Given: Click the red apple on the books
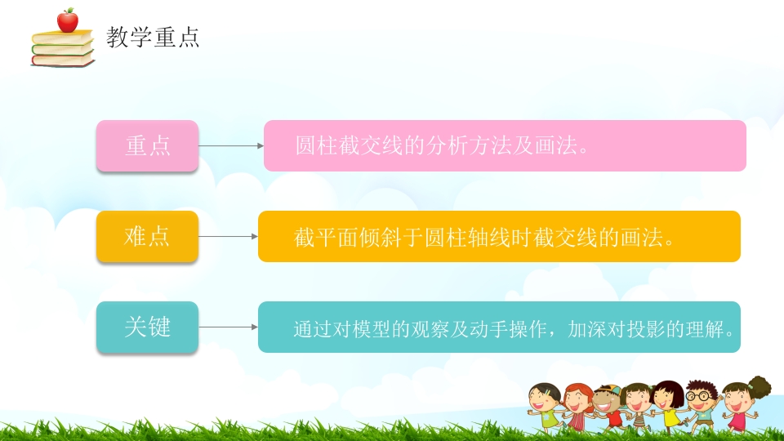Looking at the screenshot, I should pos(67,20).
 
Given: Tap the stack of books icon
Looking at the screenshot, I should pos(63,49).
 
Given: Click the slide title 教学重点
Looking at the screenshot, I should pos(153,37).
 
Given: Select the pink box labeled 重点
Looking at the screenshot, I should pos(147,146).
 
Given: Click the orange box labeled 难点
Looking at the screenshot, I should pos(147,237).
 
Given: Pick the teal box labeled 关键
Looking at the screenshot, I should pos(147,327).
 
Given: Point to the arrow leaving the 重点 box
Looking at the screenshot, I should pos(230,146).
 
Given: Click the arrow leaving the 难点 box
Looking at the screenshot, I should pos(228,237).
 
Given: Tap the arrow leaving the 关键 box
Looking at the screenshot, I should pos(228,327).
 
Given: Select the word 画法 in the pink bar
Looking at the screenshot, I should pos(554,146).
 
